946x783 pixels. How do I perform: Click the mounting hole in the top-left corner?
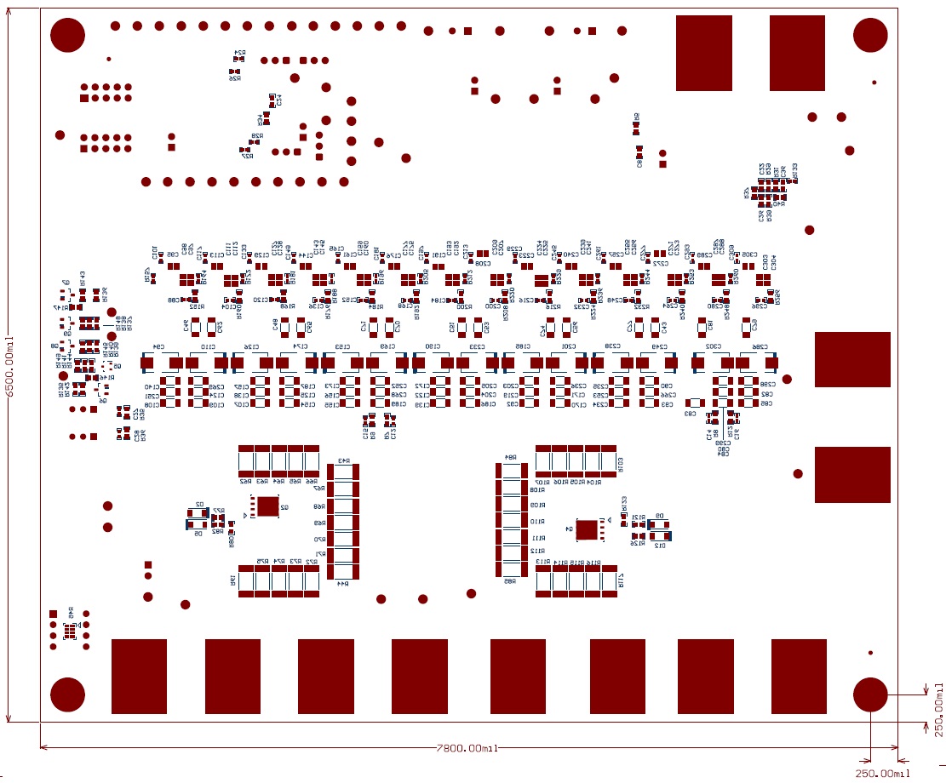tap(68, 35)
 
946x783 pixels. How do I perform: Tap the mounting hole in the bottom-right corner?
tap(870, 694)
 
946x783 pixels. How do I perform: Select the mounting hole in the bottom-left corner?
tap(68, 694)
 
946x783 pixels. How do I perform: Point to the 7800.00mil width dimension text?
tap(467, 748)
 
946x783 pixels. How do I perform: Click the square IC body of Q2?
tap(268, 506)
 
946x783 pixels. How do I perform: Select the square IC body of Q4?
tap(587, 529)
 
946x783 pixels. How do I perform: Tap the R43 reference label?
tap(344, 460)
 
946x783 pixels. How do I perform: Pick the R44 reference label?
tap(344, 583)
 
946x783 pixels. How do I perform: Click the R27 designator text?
tap(246, 156)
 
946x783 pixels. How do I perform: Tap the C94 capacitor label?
tap(158, 346)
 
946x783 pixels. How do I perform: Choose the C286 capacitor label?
tap(760, 346)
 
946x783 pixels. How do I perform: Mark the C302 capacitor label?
tap(714, 346)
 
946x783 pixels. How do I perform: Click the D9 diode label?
tap(659, 516)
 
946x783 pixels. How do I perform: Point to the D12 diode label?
tap(660, 546)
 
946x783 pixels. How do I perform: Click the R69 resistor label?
tap(318, 523)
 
